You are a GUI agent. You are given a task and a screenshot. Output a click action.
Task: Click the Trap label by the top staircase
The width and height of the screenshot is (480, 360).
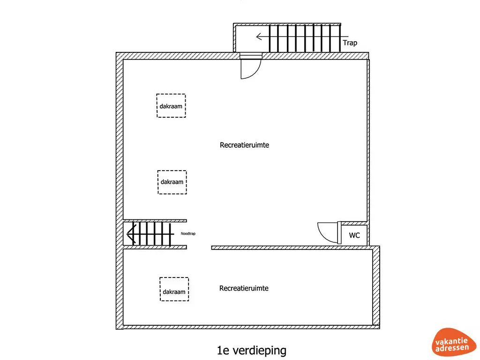[350, 43]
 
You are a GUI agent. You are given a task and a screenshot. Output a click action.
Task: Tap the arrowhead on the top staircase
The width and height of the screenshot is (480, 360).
[258, 37]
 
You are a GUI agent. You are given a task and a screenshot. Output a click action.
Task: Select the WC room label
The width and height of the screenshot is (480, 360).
[354, 235]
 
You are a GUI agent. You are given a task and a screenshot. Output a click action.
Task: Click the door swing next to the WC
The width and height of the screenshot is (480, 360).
[328, 232]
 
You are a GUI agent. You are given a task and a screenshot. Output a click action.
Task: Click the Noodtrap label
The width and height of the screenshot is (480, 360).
[187, 233]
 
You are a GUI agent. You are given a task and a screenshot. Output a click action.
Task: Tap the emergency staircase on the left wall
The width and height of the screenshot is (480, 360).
[150, 233]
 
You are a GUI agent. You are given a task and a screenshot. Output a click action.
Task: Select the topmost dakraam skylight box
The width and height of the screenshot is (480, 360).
[171, 105]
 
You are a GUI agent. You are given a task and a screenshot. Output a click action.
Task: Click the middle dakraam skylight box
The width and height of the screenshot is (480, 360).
[172, 182]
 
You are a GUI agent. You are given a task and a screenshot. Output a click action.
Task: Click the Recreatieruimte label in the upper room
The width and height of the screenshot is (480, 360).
[244, 145]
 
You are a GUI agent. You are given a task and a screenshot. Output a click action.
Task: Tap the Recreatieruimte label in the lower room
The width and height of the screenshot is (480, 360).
[244, 288]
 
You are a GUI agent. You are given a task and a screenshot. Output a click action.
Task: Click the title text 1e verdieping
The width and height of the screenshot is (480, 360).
[251, 350]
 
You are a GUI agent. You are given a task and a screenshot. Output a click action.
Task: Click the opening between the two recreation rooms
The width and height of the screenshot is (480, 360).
[199, 247]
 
